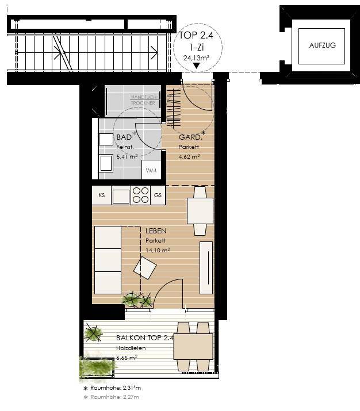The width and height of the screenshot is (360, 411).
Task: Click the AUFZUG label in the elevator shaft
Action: [322, 45]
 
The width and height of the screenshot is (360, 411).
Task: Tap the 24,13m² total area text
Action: [196, 57]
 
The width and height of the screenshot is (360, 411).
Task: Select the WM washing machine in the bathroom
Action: [151, 170]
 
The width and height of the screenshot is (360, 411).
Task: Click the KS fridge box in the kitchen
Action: [102, 195]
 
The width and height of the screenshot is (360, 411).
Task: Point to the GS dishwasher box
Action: [158, 195]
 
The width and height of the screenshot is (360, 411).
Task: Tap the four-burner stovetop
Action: [140, 195]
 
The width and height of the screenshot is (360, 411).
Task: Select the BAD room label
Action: [124, 137]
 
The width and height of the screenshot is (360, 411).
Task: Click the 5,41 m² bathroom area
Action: [127, 157]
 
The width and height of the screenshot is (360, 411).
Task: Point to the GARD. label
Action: [190, 137]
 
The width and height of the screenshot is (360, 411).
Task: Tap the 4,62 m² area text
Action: [189, 157]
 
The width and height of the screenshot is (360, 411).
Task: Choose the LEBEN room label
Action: [156, 231]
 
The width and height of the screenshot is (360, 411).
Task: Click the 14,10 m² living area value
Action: [158, 250]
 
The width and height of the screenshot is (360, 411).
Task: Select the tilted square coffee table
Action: [145, 268]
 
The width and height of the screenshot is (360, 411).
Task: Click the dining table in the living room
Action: [200, 211]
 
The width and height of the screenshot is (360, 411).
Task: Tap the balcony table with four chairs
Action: [194, 347]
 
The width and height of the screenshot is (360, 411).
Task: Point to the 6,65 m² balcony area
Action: [127, 358]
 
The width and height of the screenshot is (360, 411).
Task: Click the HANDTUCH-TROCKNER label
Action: [144, 100]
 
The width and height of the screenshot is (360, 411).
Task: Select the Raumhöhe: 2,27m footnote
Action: [111, 397]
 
